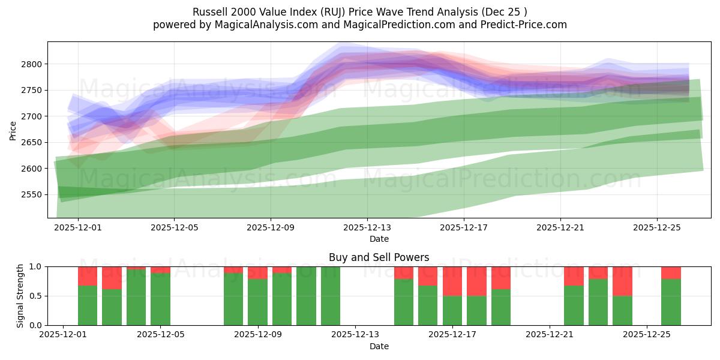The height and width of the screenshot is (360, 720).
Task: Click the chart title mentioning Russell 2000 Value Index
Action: [x=360, y=12]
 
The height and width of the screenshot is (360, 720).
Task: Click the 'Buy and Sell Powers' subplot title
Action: [x=379, y=257]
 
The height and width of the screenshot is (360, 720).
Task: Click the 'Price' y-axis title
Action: [x=13, y=130]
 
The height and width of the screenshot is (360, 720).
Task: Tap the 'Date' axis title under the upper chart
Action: [x=379, y=239]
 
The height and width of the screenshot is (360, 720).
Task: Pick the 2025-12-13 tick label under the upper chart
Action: [x=367, y=227]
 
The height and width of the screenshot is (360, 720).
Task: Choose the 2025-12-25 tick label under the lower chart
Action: [x=647, y=335]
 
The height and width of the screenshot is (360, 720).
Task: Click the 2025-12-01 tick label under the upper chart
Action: [x=78, y=227]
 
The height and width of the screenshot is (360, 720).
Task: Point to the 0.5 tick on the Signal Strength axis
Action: [x=35, y=296]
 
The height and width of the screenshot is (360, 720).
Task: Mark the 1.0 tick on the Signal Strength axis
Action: [x=35, y=266]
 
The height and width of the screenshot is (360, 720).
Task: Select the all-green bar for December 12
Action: [x=331, y=296]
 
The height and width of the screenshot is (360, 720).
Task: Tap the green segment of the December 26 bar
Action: [x=671, y=302]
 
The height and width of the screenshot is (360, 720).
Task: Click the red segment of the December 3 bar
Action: [x=112, y=277]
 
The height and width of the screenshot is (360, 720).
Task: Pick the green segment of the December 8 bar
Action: [x=233, y=299]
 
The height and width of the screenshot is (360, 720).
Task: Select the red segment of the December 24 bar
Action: [x=622, y=281]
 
